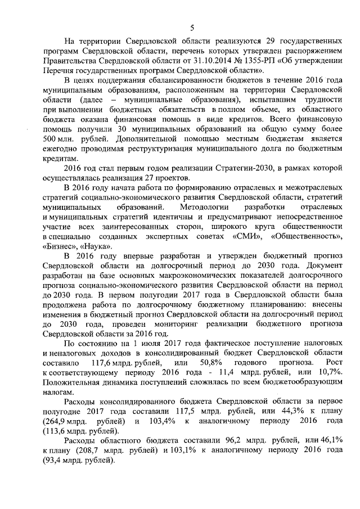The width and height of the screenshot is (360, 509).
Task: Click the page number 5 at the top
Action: click(x=192, y=28)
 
